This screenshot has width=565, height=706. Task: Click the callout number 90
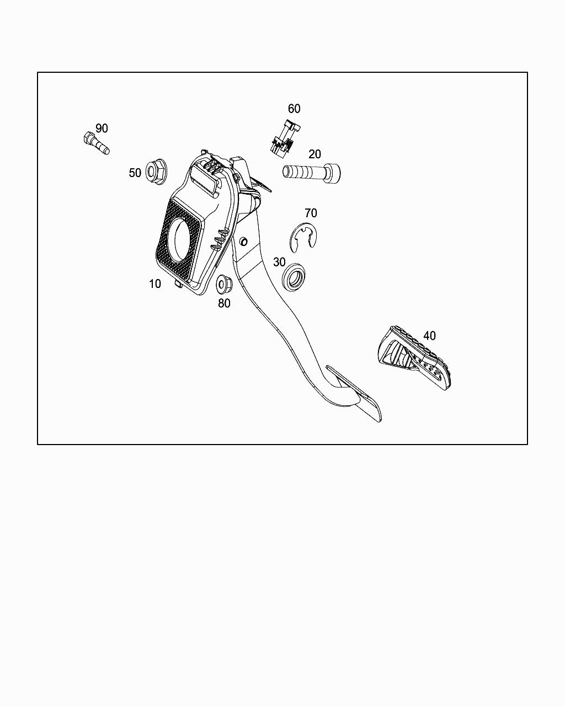tap(102, 129)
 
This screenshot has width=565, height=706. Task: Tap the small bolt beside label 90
tap(95, 142)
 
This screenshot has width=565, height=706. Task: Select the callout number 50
tap(135, 173)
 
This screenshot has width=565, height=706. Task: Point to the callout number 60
tap(294, 109)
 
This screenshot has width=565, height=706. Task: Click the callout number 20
tap(315, 154)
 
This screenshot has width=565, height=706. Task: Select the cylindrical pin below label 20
tap(311, 173)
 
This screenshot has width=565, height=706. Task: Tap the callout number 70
tap(311, 213)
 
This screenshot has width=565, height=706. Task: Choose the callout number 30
tap(279, 262)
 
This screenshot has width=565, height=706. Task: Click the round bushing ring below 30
tap(294, 276)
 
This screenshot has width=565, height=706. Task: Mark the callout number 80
tap(224, 303)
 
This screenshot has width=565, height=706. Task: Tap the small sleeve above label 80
tap(224, 284)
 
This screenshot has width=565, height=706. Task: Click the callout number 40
tap(429, 335)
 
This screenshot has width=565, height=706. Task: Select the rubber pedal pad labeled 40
tap(415, 359)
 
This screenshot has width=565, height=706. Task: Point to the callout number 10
tap(155, 284)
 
